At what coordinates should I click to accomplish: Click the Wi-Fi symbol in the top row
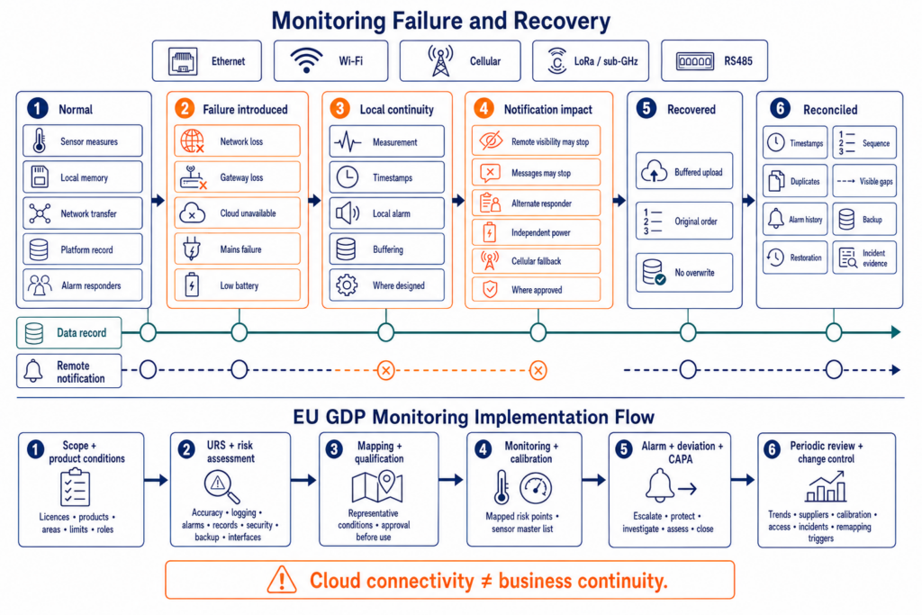pos(306,60)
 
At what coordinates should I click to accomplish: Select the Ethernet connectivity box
pos(207,60)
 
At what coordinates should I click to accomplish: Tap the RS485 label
pos(738,60)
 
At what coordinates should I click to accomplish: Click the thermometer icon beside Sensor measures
pos(40,141)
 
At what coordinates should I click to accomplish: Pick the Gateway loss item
pos(238,177)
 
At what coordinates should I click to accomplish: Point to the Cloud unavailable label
pos(248,213)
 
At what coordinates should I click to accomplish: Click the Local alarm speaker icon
pos(347,213)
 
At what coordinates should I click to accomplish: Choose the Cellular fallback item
pos(537,260)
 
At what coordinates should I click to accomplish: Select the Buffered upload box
pos(684,171)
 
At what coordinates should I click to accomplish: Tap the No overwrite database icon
pos(654,272)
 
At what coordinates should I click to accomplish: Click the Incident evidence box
pos(864,258)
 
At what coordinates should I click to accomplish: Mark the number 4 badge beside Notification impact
pos(484,109)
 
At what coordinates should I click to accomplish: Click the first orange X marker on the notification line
pos(385,370)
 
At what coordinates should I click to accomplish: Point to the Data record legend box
pos(68,333)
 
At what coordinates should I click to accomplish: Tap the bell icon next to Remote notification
pos(33,371)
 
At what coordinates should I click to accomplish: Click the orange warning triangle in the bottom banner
pos(282,580)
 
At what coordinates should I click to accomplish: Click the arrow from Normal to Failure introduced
pos(158,201)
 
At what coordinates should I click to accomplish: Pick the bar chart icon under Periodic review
pos(827,486)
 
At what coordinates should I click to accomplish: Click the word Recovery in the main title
pos(562,21)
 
